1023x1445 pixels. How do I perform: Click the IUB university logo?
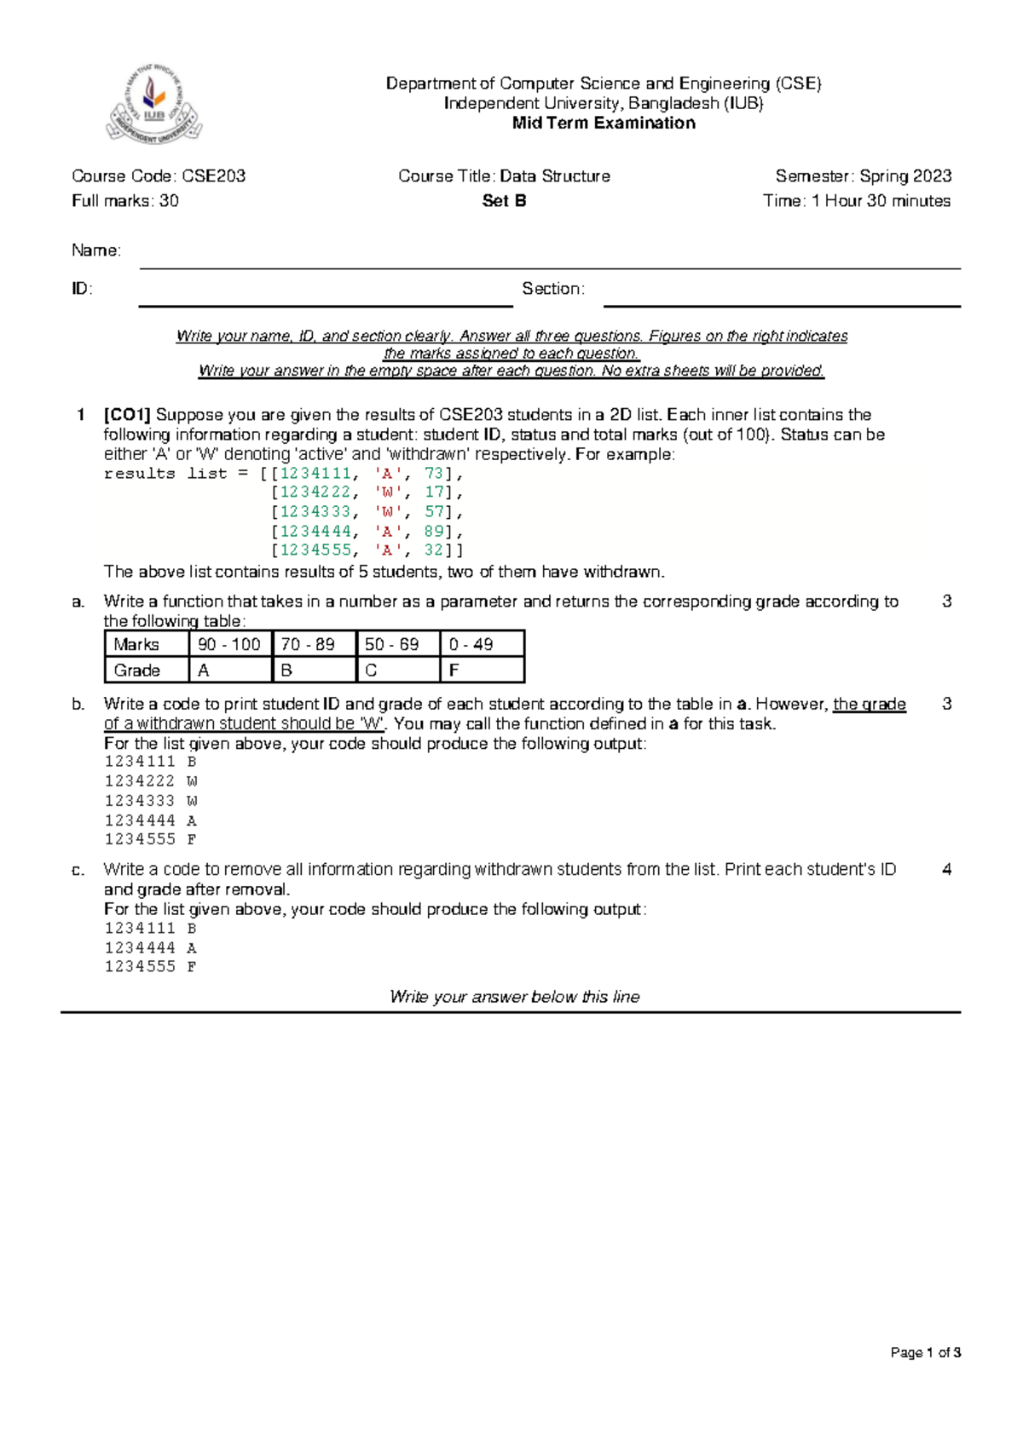154,105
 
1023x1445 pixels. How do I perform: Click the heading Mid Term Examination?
603,123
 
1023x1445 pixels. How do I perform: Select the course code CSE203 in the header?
213,176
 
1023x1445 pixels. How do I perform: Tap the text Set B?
504,201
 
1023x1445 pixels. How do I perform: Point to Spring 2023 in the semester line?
905,176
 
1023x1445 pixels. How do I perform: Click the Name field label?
95,250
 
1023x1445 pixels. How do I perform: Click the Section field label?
552,289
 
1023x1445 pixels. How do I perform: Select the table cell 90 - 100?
228,644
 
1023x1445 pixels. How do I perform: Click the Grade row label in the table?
137,671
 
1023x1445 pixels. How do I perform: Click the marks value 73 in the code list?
434,474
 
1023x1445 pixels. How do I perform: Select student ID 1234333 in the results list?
315,512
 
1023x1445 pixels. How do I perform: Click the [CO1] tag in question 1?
127,415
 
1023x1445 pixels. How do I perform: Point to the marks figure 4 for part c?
946,870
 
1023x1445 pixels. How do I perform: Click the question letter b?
78,705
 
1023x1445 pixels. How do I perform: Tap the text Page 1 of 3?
925,1352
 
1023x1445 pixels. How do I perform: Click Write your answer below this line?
514,997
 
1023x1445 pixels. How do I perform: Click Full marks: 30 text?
125,201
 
